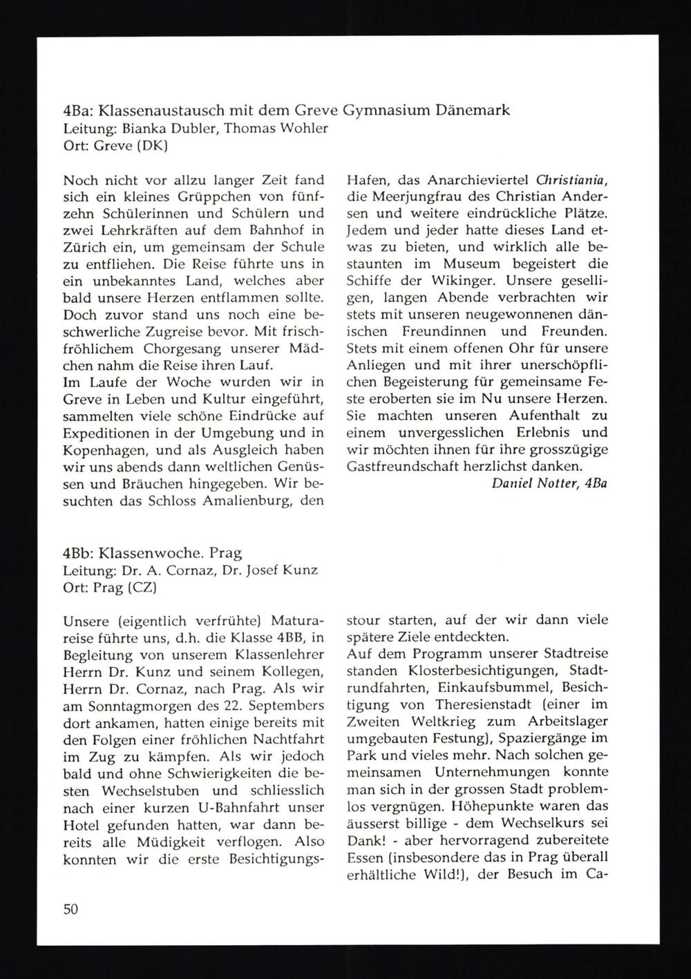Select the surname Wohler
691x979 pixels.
pyautogui.click(x=303, y=128)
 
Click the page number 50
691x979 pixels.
pyautogui.click(x=70, y=909)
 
